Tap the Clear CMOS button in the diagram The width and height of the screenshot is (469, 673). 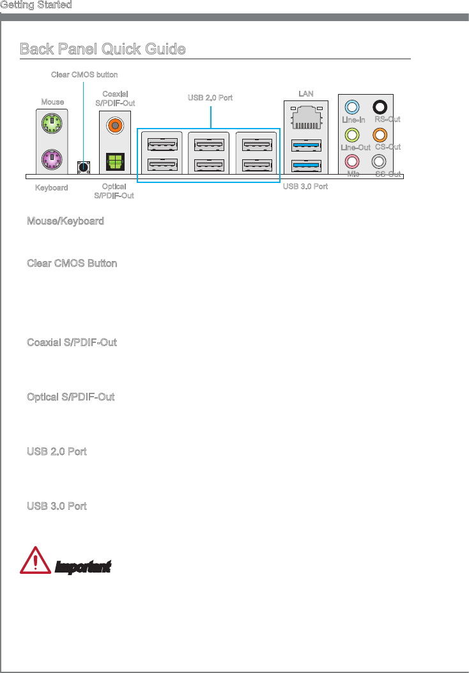[83, 166]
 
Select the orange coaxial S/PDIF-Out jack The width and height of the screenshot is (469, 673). [115, 123]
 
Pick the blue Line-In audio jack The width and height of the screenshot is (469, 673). [353, 107]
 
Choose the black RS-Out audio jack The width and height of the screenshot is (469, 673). [380, 107]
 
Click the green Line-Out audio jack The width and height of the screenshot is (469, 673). [353, 135]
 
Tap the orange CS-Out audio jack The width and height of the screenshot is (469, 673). [380, 135]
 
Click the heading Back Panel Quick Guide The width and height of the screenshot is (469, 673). [103, 49]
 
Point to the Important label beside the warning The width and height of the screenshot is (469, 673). [83, 567]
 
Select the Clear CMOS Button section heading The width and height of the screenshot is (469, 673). [72, 264]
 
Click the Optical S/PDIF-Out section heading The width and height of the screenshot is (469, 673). [71, 397]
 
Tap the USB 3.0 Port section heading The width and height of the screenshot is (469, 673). [57, 506]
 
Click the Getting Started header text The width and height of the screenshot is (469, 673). [36, 5]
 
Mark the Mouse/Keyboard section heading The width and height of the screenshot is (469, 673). [65, 221]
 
